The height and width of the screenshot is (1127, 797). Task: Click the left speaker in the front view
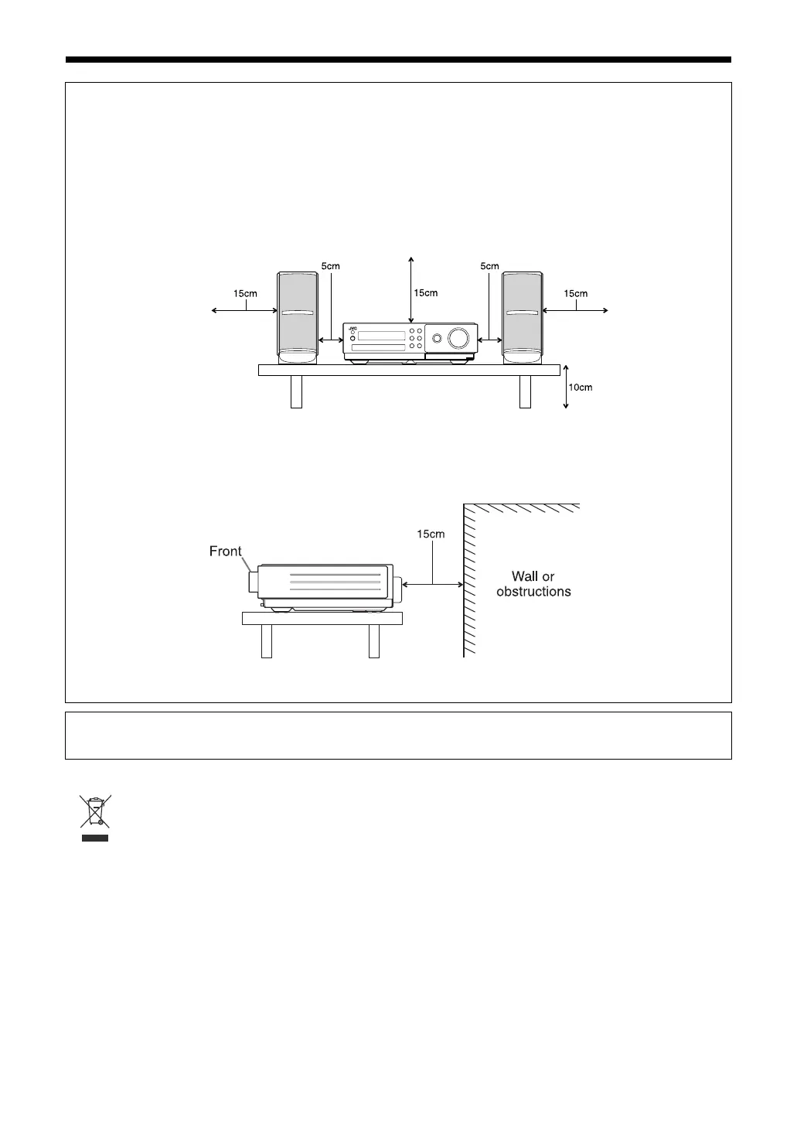click(298, 317)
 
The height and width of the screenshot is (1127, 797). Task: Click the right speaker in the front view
click(522, 317)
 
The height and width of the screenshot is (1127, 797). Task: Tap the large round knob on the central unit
click(458, 337)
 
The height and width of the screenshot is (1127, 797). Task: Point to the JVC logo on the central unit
click(352, 328)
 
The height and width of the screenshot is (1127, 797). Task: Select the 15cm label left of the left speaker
click(245, 294)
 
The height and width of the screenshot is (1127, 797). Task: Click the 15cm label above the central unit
click(426, 293)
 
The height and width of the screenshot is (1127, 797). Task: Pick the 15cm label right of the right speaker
click(575, 294)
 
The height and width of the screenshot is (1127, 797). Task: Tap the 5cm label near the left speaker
click(330, 266)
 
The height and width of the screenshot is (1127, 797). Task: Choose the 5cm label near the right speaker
click(489, 266)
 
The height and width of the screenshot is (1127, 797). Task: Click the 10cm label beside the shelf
click(580, 388)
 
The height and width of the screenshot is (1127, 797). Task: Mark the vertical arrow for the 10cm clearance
click(566, 386)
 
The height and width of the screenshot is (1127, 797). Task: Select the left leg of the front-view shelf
click(295, 391)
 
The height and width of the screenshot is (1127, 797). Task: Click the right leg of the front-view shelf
click(525, 391)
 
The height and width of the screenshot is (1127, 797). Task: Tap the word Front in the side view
click(226, 552)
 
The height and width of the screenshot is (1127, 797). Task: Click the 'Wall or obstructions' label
click(533, 584)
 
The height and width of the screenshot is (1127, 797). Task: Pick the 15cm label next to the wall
click(431, 534)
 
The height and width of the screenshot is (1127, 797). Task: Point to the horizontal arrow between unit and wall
click(433, 585)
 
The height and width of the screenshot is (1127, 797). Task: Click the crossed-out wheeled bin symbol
click(95, 811)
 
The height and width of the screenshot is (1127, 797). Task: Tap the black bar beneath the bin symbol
click(96, 837)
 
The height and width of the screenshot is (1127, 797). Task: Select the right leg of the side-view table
click(374, 640)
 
